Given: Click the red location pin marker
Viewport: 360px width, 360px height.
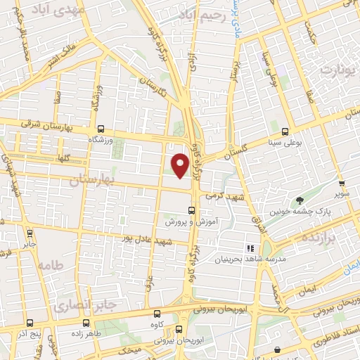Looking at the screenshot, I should click(x=181, y=165).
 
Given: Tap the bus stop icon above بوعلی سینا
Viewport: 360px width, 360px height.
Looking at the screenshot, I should click(x=285, y=131).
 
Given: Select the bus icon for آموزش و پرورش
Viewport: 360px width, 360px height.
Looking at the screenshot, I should click(x=192, y=210).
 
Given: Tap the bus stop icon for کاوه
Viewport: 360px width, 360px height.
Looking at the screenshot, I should click(x=157, y=313).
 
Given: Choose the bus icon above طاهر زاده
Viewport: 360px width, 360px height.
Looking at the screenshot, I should click(x=86, y=323).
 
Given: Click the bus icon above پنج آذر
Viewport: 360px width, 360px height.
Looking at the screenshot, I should click(x=31, y=323).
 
